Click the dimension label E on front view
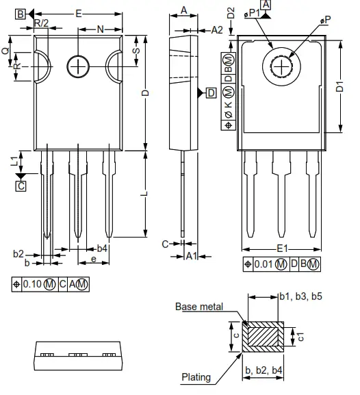(x=79, y=13)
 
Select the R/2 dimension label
(x=41, y=23)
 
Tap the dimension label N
(x=101, y=29)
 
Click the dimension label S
(x=136, y=51)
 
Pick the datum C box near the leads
(x=21, y=185)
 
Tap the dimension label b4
(x=101, y=248)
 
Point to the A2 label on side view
(x=217, y=29)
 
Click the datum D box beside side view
(x=211, y=92)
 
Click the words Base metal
(x=198, y=307)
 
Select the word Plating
(x=196, y=376)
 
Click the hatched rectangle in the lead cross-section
(x=261, y=337)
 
